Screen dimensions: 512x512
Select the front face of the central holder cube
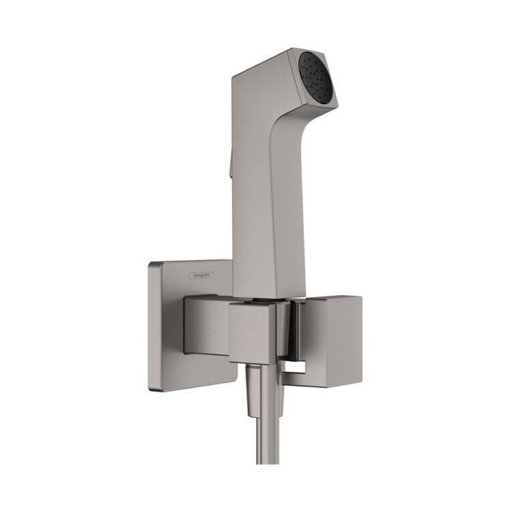[x=252, y=333]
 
